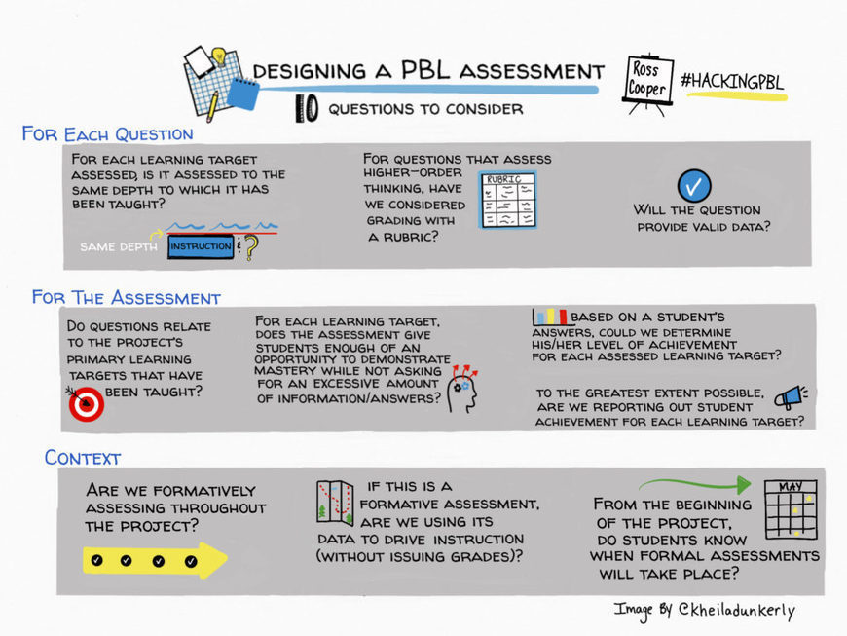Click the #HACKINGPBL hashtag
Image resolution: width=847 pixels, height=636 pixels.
(x=732, y=81)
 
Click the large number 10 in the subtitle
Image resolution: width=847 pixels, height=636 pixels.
(x=306, y=110)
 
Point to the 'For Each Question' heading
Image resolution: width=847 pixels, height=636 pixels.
(x=107, y=133)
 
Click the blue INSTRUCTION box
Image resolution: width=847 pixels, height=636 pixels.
(x=201, y=247)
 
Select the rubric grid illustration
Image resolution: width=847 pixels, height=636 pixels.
(x=508, y=201)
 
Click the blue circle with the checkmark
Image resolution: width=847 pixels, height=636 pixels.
(x=693, y=185)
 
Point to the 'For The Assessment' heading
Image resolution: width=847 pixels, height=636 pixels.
(x=127, y=297)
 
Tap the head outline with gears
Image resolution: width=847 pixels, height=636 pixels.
(x=462, y=390)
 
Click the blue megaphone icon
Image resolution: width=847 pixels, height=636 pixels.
(x=789, y=395)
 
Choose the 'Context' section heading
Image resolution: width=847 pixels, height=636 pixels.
(x=83, y=457)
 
